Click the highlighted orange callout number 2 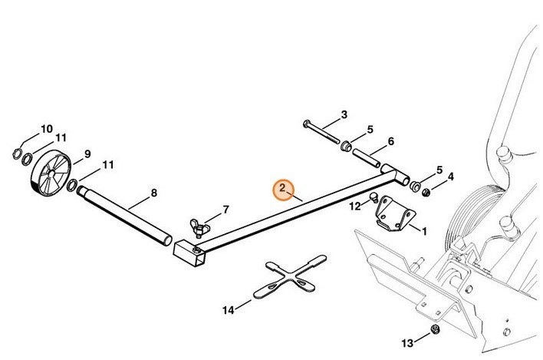coord(282,188)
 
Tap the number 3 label coord(344,114)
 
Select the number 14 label coord(227,310)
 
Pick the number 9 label coord(87,153)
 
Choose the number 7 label coord(225,209)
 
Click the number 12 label coord(354,206)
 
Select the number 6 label coord(390,141)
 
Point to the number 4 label coord(450,177)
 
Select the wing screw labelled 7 coord(198,228)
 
